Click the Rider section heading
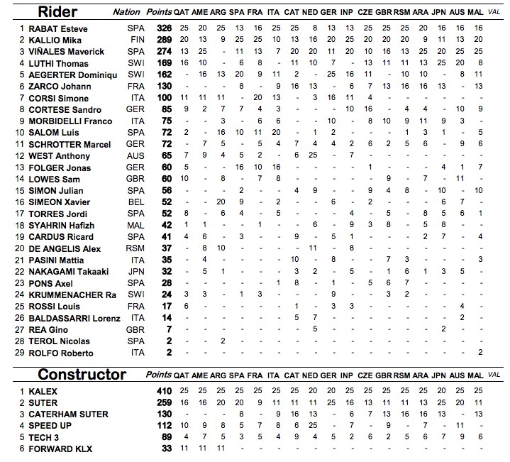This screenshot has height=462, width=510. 58,11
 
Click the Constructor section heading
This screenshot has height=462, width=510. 82,374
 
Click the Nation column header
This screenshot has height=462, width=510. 127,12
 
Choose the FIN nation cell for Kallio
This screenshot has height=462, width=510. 138,40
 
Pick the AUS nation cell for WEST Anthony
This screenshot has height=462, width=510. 138,156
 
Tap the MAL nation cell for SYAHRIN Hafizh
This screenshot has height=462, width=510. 138,226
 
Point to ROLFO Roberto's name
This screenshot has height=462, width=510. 55,353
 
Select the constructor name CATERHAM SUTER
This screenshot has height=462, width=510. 68,414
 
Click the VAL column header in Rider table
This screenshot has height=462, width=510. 494,13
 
